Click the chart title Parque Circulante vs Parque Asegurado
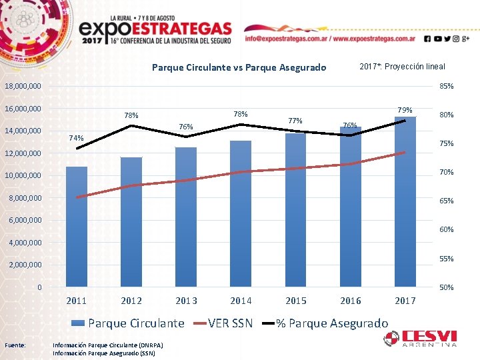pos(239,67)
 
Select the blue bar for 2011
pos(77,227)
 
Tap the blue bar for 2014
pos(241,213)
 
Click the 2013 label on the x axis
pos(186,301)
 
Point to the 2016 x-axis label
pos(350,301)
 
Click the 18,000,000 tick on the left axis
pos(22,87)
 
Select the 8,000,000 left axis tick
pos(24,198)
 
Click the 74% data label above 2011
pos(77,138)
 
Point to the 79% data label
pos(405,110)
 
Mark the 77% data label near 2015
pos(295,121)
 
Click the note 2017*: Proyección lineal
pos(402,67)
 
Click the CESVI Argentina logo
pos(420,339)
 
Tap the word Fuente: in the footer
pos(15,345)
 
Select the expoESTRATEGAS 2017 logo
pos(156,30)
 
